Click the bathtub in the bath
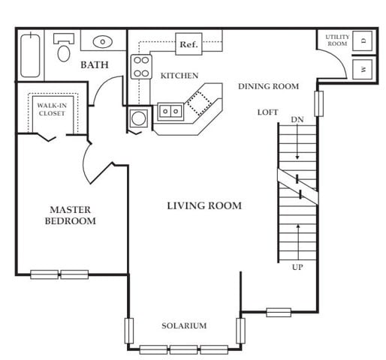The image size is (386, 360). pos(30,55)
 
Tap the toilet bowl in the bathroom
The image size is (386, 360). pos(64,53)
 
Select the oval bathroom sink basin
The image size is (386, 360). pos(103,42)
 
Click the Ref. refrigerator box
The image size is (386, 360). pos(188,44)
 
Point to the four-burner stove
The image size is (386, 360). pos(141,67)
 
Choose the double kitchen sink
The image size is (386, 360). pos(170,111)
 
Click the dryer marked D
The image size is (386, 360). pos(362,40)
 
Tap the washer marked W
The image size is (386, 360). pos(362,69)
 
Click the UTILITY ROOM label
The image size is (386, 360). pos(337,40)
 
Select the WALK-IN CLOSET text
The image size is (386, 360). pos(52,109)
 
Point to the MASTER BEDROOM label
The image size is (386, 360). pos(71,215)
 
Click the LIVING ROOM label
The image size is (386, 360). pos(204,205)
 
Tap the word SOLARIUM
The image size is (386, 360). pos(184,325)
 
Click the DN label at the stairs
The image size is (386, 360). pos(297,119)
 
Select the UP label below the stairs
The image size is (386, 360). pos(297,267)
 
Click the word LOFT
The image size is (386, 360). pos(267,112)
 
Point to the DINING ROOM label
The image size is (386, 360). pos(268,86)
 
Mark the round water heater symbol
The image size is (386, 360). pos(138,118)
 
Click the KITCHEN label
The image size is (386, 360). pos(179,76)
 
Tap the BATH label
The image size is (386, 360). pos(95,65)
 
